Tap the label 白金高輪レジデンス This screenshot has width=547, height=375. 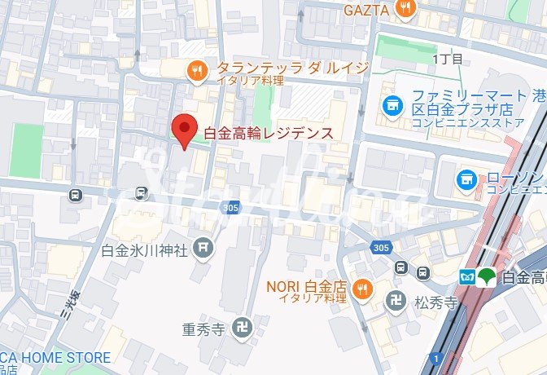pyautogui.click(x=268, y=132)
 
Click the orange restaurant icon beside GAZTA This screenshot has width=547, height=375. pyautogui.click(x=405, y=8)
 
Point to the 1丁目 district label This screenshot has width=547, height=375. pyautogui.click(x=448, y=59)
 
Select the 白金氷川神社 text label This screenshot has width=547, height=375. pyautogui.click(x=145, y=250)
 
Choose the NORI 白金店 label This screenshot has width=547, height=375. pyautogui.click(x=307, y=287)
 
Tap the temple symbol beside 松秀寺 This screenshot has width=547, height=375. pyautogui.click(x=396, y=300)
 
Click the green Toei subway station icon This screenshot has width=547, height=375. pyautogui.click(x=486, y=276)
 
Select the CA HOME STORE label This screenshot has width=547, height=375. pyautogui.click(x=55, y=357)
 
